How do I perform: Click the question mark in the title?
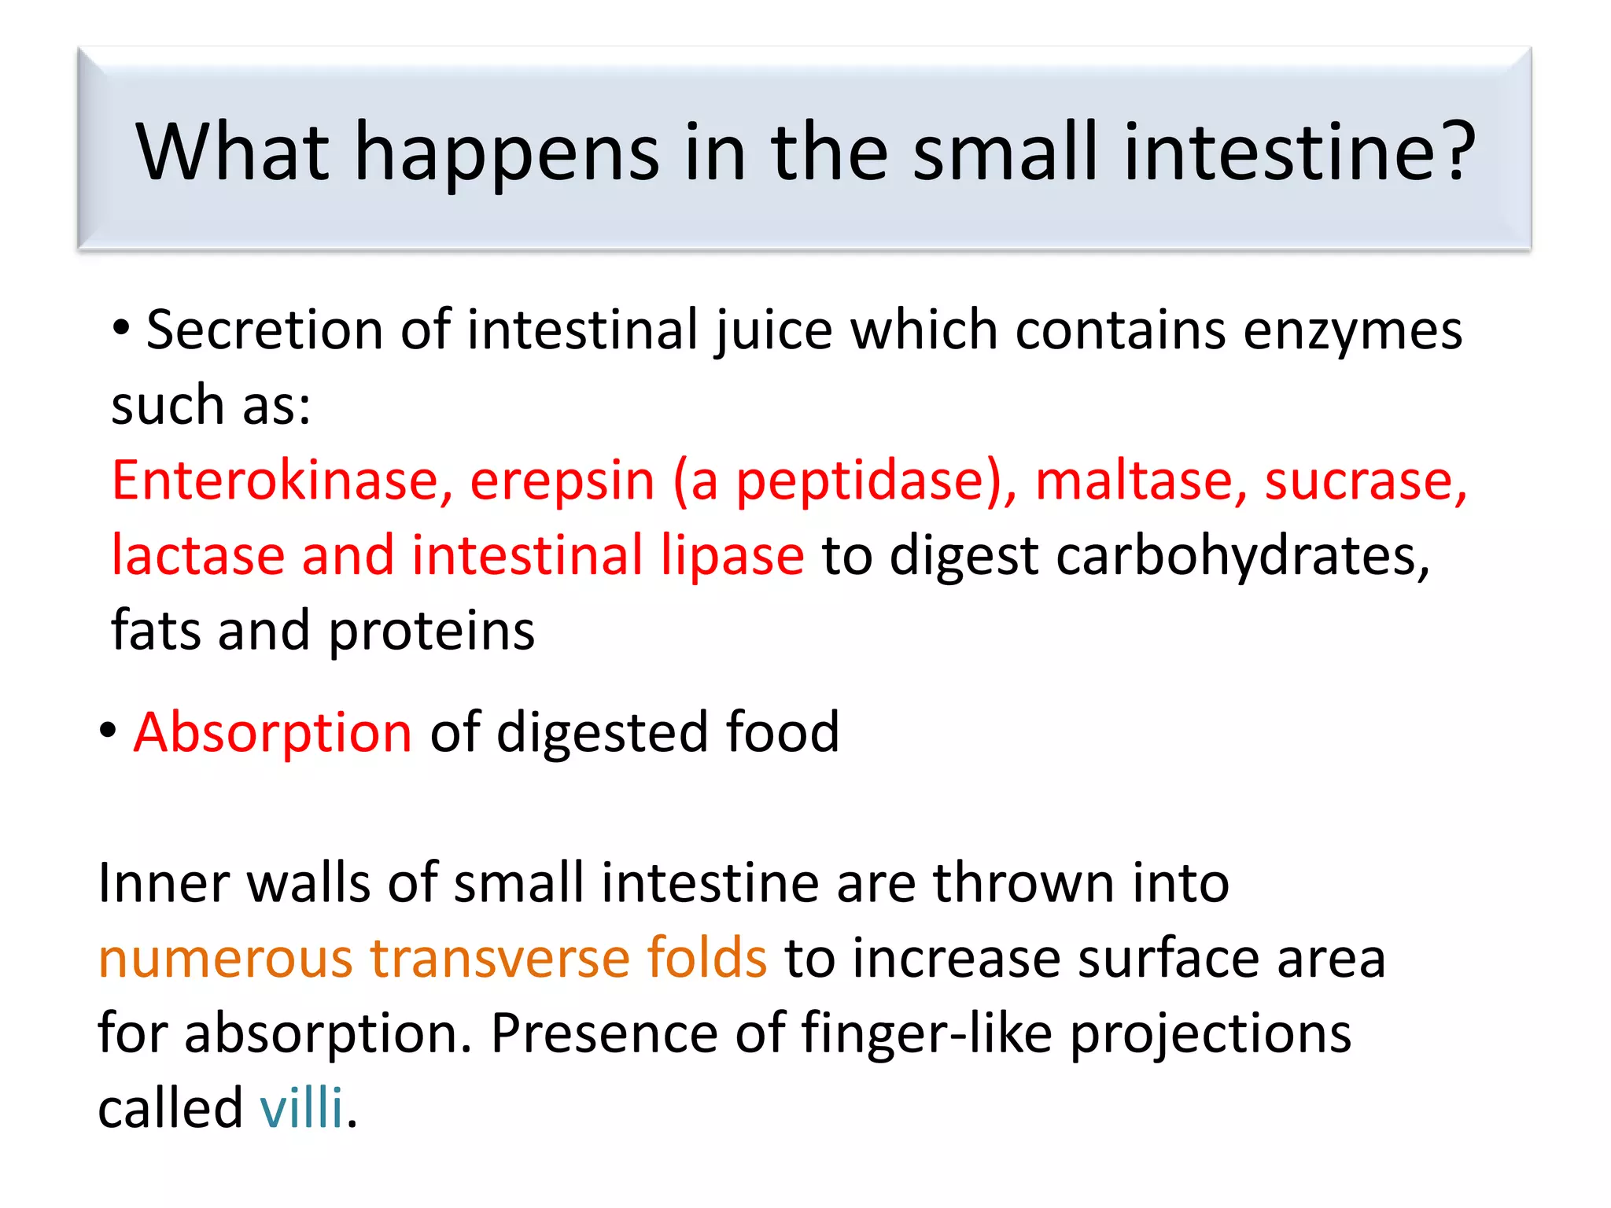(1451, 151)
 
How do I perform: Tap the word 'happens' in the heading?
(507, 154)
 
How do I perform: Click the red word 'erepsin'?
(562, 481)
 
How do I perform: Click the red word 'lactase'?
(197, 554)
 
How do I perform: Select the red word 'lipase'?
(732, 556)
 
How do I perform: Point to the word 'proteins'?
(431, 632)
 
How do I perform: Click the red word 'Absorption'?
(272, 732)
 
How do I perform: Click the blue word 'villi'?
(301, 1108)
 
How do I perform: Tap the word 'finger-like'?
(926, 1033)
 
